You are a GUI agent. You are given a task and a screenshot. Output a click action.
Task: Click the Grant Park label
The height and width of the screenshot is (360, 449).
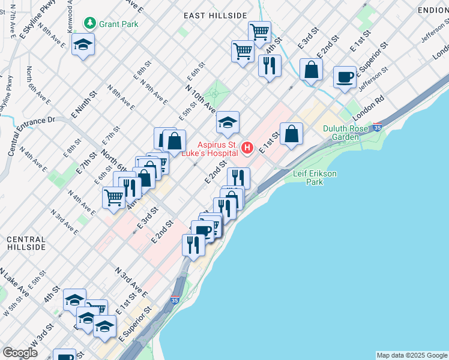(x=119, y=24)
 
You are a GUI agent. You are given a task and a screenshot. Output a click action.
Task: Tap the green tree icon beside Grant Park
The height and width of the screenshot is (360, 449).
(x=90, y=23)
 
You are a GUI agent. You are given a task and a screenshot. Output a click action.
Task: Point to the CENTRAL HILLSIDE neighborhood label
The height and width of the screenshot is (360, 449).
(x=26, y=243)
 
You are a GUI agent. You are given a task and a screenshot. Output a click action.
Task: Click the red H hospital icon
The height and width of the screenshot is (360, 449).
(x=246, y=148)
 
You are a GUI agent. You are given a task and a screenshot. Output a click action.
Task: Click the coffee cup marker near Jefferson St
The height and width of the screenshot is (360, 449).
(x=345, y=77)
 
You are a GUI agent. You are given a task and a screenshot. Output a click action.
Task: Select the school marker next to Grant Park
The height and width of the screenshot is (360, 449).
(x=83, y=44)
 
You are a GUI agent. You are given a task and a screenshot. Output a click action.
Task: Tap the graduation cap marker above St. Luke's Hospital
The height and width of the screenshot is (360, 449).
(x=228, y=123)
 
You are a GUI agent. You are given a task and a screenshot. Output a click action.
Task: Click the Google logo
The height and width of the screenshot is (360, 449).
(x=20, y=352)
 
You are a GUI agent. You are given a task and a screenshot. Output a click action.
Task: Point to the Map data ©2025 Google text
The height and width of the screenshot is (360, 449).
(x=412, y=355)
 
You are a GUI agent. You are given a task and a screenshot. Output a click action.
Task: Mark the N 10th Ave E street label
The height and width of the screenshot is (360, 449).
(x=200, y=98)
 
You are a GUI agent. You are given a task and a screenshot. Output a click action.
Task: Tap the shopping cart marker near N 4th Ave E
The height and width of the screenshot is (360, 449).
(x=113, y=197)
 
